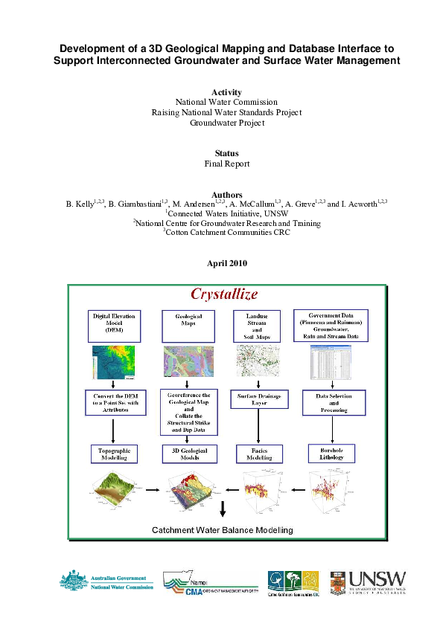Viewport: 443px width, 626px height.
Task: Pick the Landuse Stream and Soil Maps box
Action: (x=258, y=325)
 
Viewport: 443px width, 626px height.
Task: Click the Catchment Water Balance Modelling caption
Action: (x=223, y=529)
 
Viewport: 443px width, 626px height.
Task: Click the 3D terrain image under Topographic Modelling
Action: (x=115, y=490)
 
